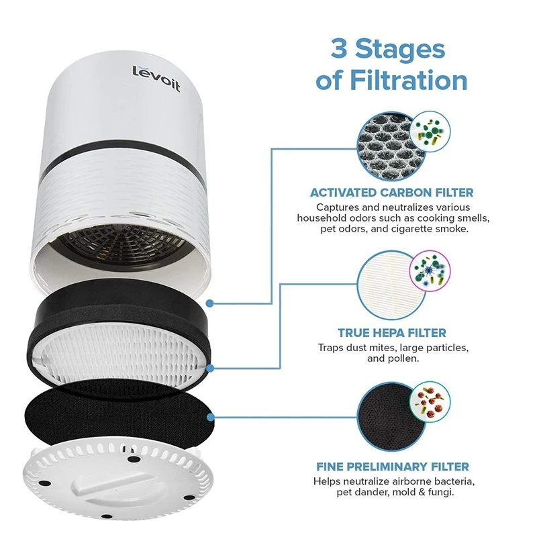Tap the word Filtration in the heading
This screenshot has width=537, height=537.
click(x=409, y=81)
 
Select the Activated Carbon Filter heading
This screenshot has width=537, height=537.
click(x=391, y=193)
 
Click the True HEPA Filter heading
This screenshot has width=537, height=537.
click(x=391, y=332)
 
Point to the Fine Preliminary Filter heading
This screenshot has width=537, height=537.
click(x=391, y=466)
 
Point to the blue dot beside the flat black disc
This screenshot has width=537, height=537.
click(x=211, y=417)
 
